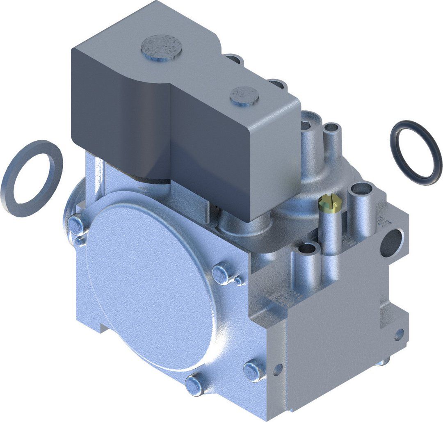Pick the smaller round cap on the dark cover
tap(244, 95)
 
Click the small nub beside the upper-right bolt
tap(238, 281)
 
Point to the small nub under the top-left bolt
tap(80, 242)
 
